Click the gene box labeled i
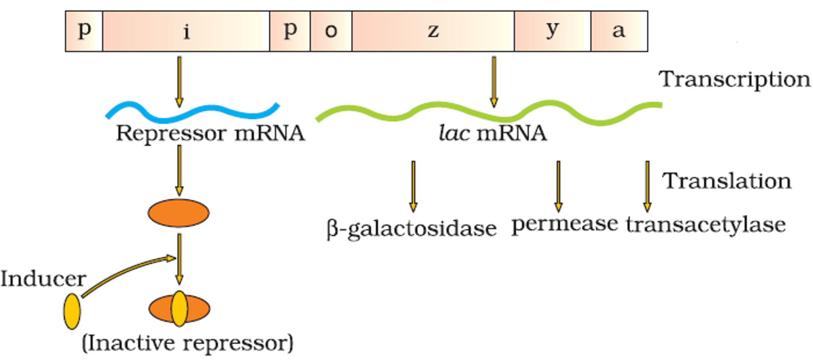point(186,31)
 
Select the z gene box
point(433,31)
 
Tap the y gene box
point(552,31)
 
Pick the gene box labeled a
point(619,31)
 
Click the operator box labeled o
point(331,31)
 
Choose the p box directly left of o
point(289,31)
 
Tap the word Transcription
point(734,79)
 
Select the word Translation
point(726,181)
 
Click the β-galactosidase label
point(412,228)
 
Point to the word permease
point(564,224)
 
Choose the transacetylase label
point(706,224)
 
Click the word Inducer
point(43,279)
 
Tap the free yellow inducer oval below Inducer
point(72,312)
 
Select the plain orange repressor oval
point(178,213)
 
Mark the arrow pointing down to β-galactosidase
point(413,186)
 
